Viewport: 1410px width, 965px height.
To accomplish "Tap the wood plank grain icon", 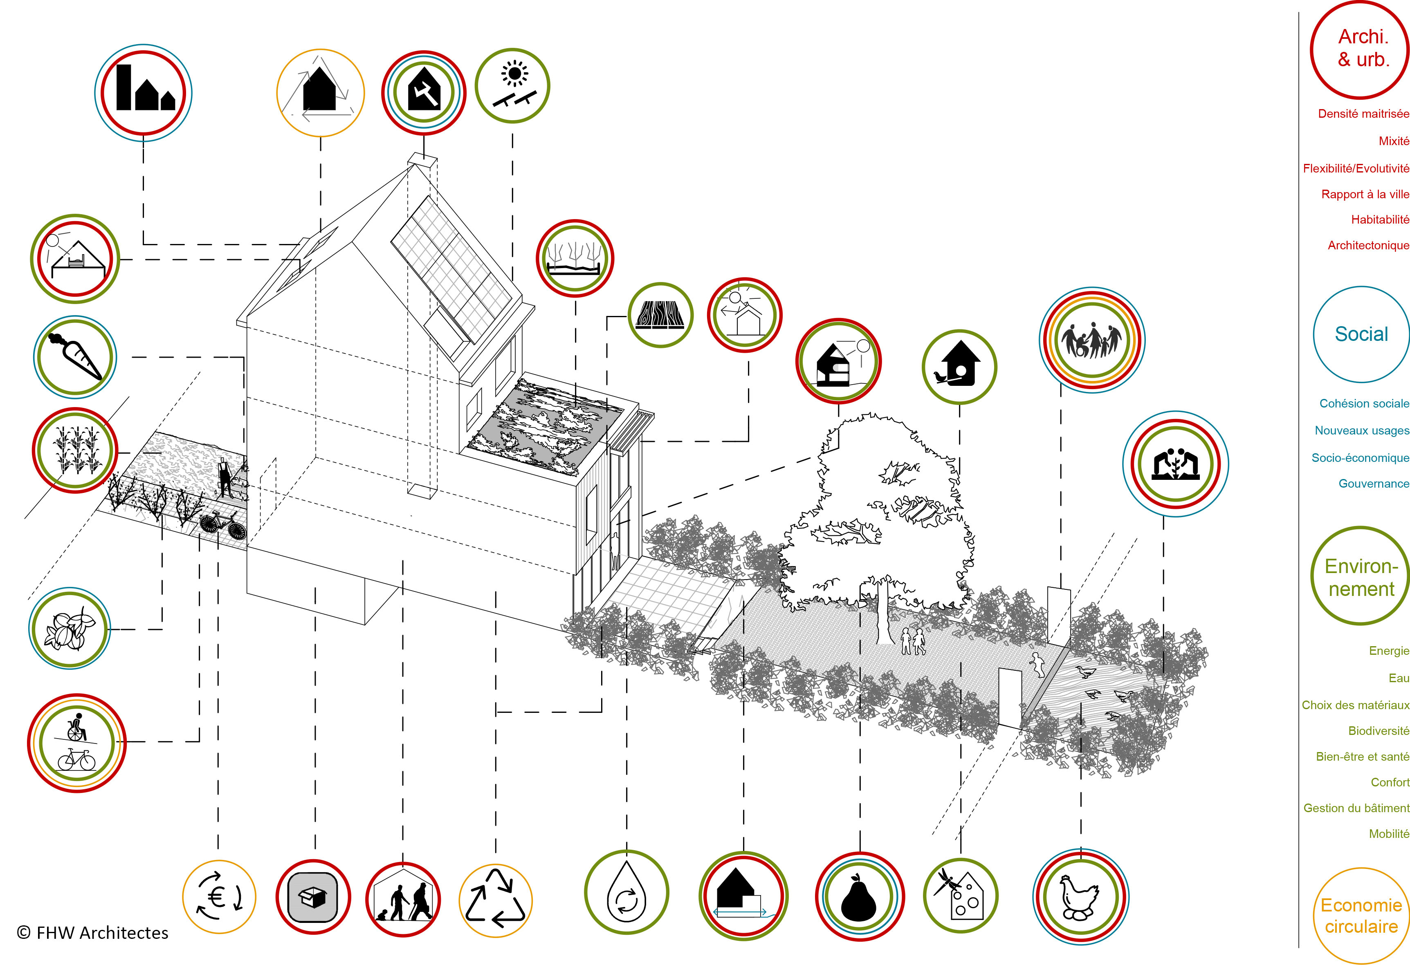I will click(660, 315).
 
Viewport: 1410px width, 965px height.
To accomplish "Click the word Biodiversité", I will click(1378, 731).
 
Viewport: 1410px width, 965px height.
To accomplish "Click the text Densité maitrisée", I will click(1363, 114).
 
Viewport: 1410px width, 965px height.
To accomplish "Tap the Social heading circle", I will click(1361, 334).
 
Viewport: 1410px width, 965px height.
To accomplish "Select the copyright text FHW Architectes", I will click(93, 933).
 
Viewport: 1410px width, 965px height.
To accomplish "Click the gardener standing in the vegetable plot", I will click(226, 479).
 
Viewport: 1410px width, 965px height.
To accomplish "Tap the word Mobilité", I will click(1389, 834).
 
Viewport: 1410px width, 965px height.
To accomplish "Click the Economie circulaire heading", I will click(1361, 916).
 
